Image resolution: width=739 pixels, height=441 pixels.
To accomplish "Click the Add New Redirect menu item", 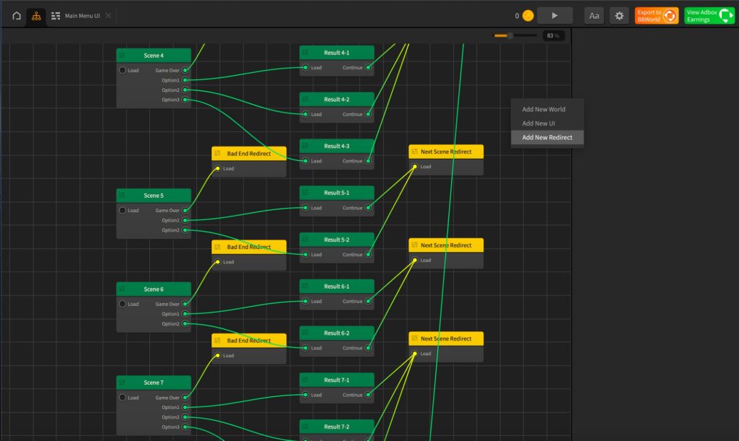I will [547, 137].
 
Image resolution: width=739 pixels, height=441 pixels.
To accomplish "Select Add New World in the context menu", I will [543, 110].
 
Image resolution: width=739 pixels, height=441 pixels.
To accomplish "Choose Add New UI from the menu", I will [538, 123].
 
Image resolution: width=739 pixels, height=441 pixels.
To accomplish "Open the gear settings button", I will [619, 16].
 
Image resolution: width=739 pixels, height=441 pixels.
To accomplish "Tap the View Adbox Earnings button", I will [709, 16].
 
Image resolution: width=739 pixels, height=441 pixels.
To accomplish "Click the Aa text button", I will [594, 16].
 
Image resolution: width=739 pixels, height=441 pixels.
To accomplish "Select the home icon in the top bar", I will [17, 16].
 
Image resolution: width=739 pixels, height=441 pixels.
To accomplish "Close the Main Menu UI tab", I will [108, 16].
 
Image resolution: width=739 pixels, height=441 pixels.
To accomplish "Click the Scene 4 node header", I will [154, 56].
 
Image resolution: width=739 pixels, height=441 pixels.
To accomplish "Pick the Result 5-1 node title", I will [337, 193].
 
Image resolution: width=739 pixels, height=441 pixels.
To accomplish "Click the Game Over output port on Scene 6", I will [185, 305].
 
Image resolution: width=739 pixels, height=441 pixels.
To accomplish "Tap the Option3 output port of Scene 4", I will [185, 100].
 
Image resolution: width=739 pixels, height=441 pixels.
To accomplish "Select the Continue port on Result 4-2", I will [369, 114].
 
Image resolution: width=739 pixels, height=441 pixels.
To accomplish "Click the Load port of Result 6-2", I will [306, 348].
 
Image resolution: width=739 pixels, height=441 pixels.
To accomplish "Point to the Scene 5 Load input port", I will [123, 211].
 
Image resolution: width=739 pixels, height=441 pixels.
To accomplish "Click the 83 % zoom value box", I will [554, 35].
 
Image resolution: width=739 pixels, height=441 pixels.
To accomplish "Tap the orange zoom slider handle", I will [510, 35].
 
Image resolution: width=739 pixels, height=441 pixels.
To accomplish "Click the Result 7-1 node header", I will [337, 380].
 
